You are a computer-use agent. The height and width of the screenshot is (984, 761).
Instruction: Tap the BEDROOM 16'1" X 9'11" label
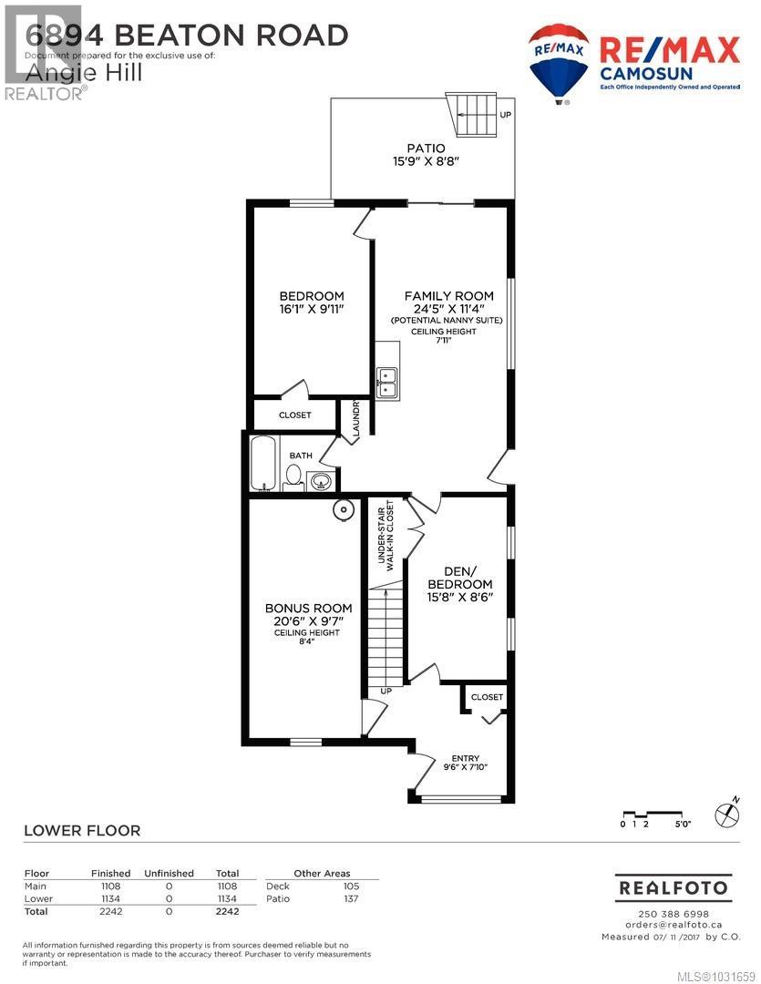311,302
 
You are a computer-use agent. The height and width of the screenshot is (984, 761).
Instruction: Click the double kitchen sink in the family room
387,382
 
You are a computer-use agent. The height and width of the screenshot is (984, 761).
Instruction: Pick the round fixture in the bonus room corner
343,510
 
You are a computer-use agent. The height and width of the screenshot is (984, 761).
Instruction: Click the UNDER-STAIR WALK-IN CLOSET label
388,535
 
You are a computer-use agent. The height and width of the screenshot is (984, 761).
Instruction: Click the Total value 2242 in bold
227,910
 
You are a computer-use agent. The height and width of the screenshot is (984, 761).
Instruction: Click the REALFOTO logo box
674,887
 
